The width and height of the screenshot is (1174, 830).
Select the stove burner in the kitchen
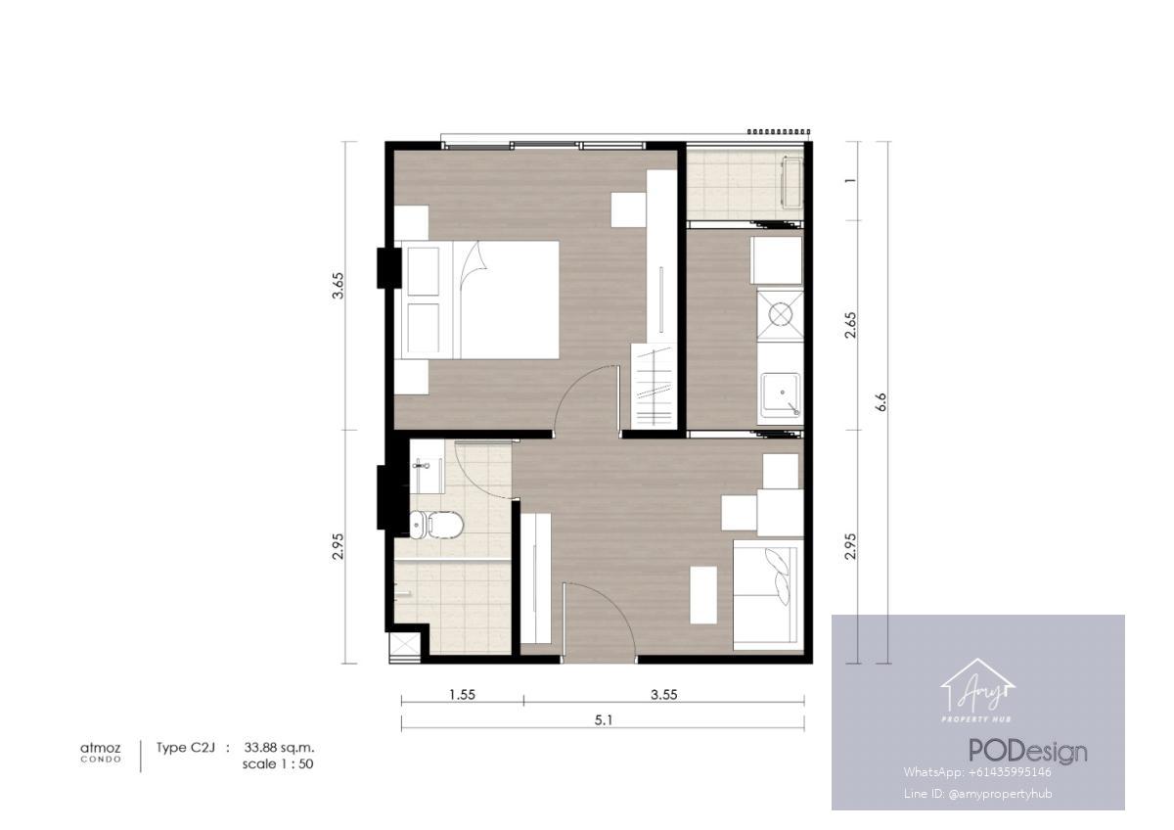click(x=781, y=314)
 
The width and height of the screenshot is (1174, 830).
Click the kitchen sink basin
click(x=781, y=393)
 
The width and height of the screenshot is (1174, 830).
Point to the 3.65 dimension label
click(x=339, y=285)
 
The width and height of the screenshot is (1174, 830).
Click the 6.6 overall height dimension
click(x=881, y=401)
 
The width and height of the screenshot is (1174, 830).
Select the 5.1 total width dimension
click(x=604, y=720)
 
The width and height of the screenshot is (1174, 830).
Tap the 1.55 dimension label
click(x=462, y=694)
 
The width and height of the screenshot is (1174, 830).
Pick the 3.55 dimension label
click(x=664, y=694)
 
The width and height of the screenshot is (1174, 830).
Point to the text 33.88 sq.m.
click(x=280, y=747)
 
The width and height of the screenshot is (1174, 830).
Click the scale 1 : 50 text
click(x=278, y=764)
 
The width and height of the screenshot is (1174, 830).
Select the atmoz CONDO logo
click(x=101, y=753)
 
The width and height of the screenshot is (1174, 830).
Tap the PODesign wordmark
click(x=1027, y=752)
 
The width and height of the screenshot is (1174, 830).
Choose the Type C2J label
click(x=186, y=748)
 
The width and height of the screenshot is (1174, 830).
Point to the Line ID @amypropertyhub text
click(x=977, y=794)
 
